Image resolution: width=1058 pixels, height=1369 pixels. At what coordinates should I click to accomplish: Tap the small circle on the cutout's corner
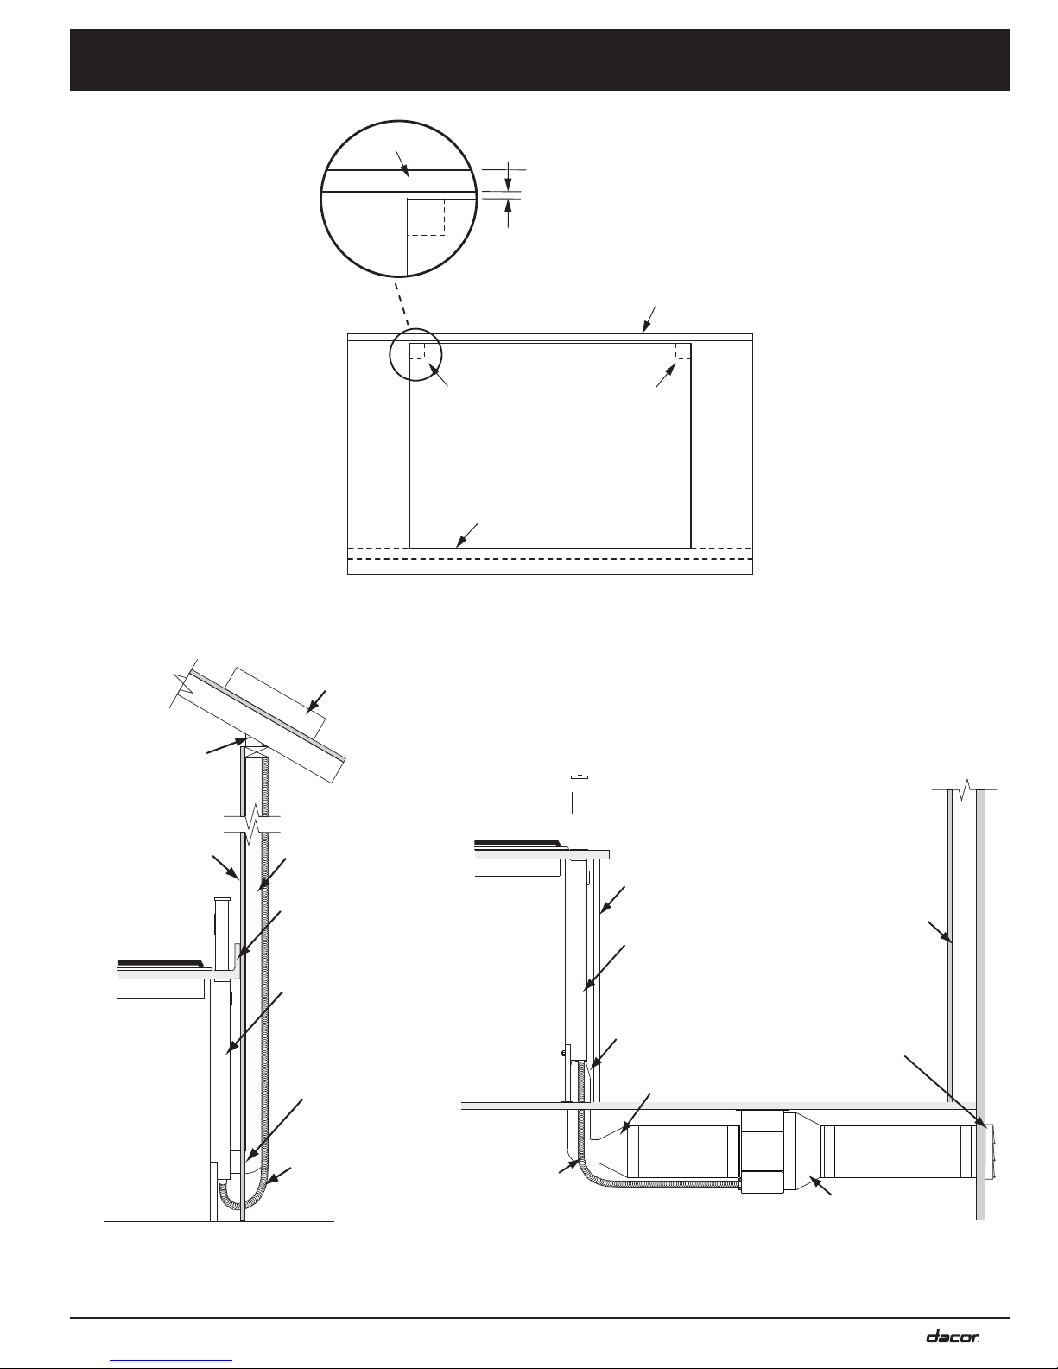coord(415,355)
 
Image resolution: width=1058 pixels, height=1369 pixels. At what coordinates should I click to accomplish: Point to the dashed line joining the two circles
coord(402,304)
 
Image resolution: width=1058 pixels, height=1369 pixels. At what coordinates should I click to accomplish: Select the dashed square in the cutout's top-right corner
coord(683,351)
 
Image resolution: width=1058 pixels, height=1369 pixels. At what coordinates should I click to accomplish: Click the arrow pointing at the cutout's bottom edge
coord(467,535)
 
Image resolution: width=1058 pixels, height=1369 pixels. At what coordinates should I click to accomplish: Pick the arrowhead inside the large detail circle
coord(403,168)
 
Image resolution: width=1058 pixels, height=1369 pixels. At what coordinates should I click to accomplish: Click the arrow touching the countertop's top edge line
coord(649,320)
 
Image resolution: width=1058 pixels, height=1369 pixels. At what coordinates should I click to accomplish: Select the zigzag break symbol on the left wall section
coord(252,824)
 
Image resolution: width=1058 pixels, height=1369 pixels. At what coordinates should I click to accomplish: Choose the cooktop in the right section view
coord(517,844)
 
